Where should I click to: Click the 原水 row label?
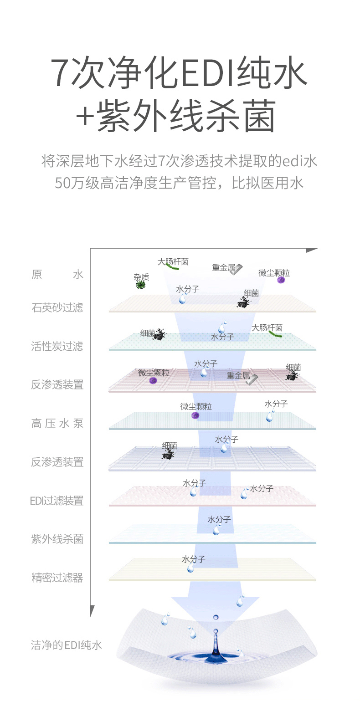(57, 275)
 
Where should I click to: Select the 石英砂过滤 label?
(57, 307)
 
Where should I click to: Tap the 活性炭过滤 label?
(57, 346)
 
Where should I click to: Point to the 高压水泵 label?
(57, 424)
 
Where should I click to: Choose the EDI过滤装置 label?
(57, 501)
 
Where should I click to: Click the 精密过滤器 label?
(57, 578)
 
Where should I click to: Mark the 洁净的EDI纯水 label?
(67, 645)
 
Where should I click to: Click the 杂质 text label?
(141, 277)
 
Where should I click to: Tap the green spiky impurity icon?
(141, 285)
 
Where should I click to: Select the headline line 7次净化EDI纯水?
(180, 73)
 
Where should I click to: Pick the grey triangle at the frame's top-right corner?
(311, 251)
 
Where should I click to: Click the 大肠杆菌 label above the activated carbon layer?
(267, 327)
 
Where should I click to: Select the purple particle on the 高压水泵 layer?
(195, 415)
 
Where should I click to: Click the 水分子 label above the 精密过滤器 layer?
(194, 559)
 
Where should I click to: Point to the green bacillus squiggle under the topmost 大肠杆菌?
(172, 267)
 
